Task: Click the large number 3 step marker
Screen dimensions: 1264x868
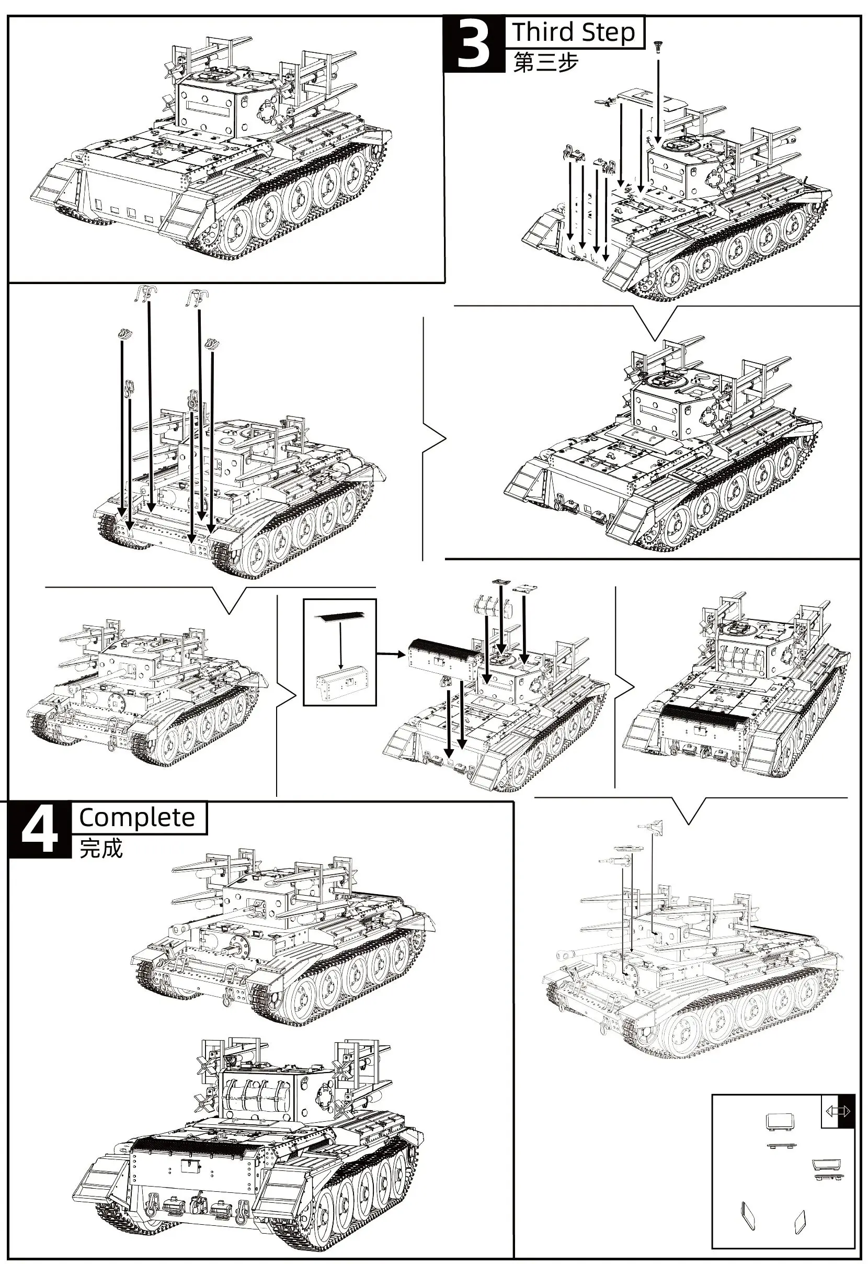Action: (x=474, y=44)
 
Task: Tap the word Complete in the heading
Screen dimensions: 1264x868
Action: (x=136, y=817)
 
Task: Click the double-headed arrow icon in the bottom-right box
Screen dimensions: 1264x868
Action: (x=838, y=1110)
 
